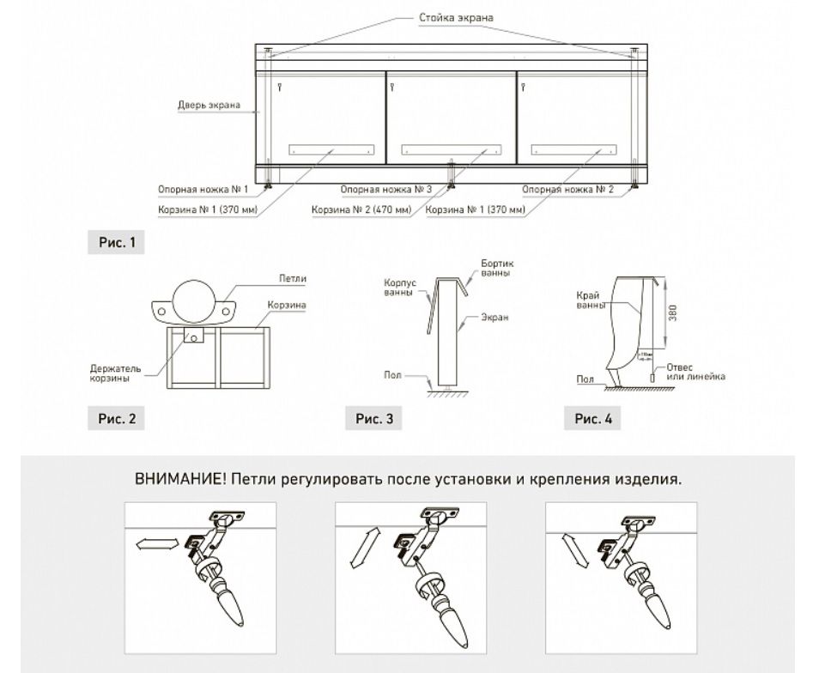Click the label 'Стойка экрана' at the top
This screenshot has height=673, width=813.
[x=455, y=17]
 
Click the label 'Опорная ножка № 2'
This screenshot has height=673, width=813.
[x=567, y=190]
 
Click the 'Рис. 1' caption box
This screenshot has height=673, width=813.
[x=116, y=243]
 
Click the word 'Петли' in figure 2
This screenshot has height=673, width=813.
[x=293, y=279]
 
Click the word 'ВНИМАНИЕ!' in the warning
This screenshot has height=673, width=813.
[x=179, y=479]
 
